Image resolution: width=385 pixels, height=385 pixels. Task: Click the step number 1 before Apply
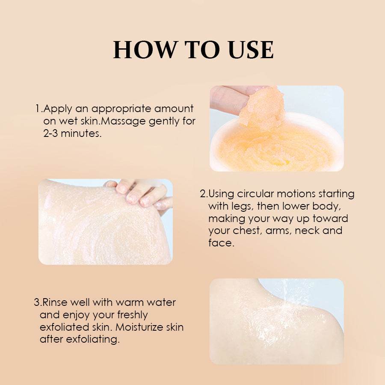tap(38, 109)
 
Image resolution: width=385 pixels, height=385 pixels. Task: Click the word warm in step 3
tap(130, 302)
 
